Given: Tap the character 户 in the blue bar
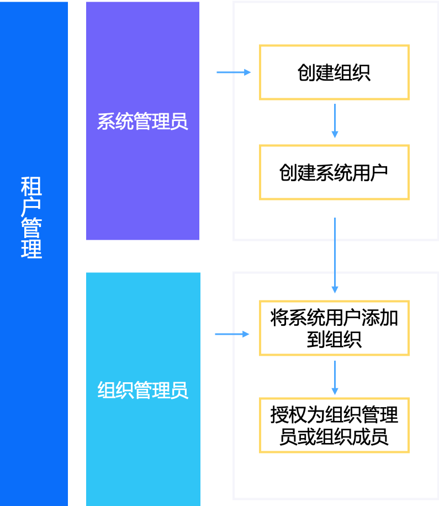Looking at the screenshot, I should coord(31,207).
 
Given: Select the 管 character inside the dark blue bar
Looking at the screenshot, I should coord(31,228).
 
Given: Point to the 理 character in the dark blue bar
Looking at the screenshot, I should coord(31,249).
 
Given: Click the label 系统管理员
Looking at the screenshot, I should coord(142,122).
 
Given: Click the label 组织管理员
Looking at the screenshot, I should coord(142,391).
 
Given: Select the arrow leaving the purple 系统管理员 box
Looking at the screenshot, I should coord(233,72).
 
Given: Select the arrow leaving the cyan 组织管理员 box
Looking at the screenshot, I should coord(232,334).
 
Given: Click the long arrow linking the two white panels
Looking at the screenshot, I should coord(335,254).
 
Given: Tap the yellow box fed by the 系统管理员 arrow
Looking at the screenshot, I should coord(334,72).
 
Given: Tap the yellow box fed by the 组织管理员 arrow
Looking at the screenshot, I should coord(334,328).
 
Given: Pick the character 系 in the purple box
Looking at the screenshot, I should coord(106,122).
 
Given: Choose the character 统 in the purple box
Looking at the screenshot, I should coord(124,122).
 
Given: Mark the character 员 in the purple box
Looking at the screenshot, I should coord(179,122).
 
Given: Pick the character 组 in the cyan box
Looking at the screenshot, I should coord(107,391).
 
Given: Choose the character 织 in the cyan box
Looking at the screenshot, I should coord(125,391).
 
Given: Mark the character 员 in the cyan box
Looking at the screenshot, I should coord(179,391).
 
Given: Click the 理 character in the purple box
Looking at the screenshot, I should coord(161,122).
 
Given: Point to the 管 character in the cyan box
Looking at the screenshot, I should coord(143,391).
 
